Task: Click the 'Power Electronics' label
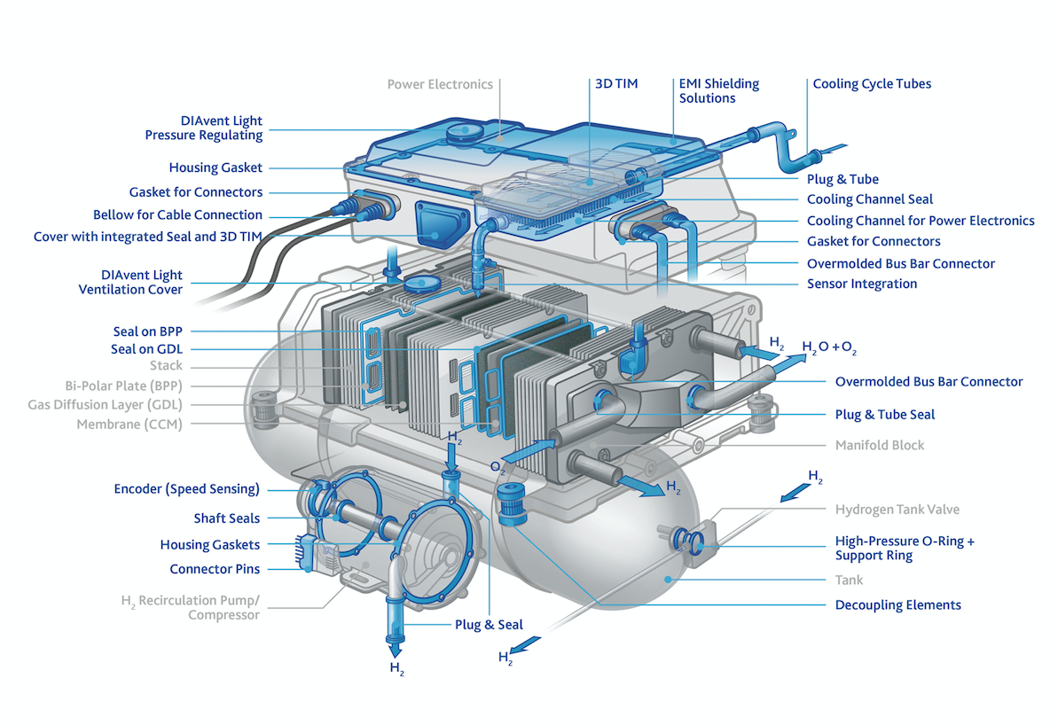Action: (440, 84)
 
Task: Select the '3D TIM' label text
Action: (615, 84)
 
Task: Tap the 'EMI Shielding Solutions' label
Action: (718, 91)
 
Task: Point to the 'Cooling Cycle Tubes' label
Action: (872, 84)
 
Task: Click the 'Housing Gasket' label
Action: (216, 168)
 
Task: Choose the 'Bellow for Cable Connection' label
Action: (177, 214)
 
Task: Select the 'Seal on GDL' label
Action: (146, 349)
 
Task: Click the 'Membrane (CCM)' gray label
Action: (129, 425)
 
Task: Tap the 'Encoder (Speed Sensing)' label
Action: (186, 489)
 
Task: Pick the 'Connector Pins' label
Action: (215, 569)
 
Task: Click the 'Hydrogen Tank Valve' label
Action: (897, 510)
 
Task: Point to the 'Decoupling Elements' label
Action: (897, 605)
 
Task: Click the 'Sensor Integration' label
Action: (861, 284)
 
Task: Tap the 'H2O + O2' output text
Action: (829, 347)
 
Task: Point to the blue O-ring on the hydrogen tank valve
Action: (689, 537)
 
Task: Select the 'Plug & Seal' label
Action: (489, 625)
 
